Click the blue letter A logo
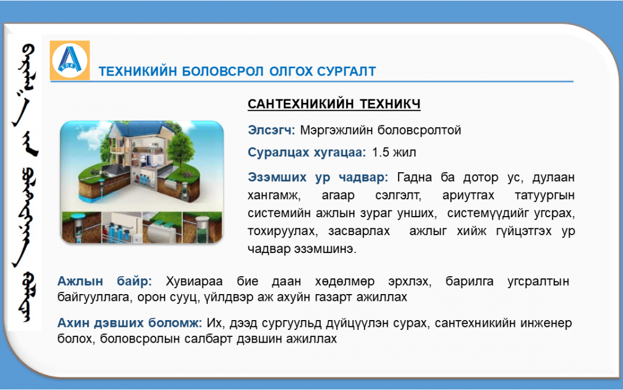(x=70, y=60)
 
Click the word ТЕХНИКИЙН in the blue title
(x=137, y=71)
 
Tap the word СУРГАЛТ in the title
(x=347, y=71)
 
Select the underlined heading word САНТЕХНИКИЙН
(x=301, y=104)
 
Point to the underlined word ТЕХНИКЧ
(x=390, y=104)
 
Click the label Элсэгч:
(x=271, y=130)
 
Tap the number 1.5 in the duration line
(x=381, y=153)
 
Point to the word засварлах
(x=359, y=231)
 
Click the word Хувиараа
(x=194, y=281)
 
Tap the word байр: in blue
(x=134, y=281)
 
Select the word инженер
(x=547, y=323)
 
